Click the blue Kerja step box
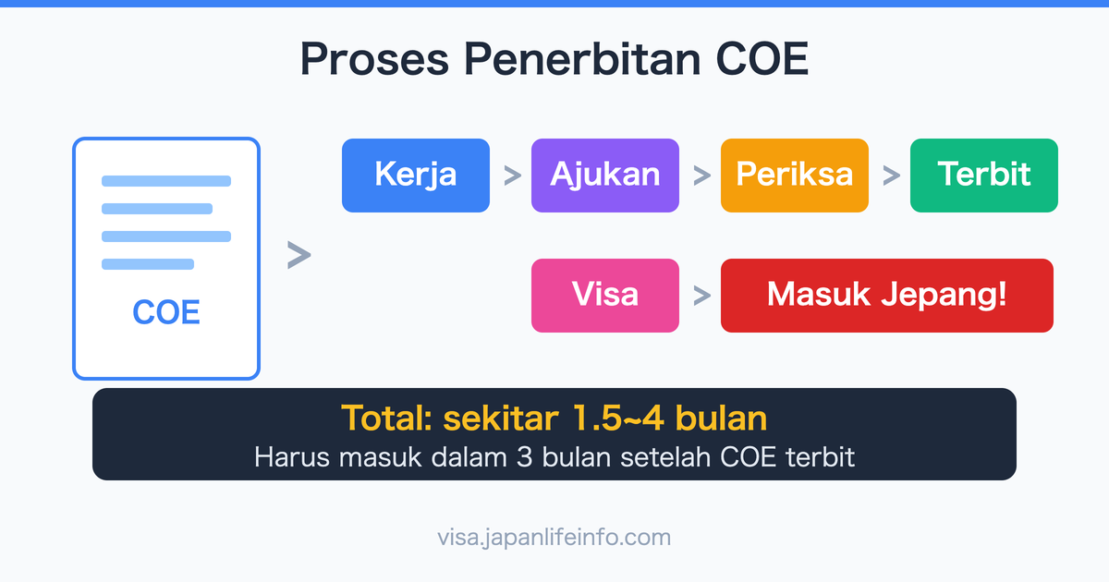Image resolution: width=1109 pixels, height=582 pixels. [416, 176]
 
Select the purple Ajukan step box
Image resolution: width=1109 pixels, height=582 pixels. [605, 176]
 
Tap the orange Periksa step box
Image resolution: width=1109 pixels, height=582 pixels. [795, 176]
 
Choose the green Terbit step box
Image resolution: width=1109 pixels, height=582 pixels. [984, 176]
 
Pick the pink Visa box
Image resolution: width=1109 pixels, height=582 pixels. [605, 296]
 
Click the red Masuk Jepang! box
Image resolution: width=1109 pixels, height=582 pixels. [887, 296]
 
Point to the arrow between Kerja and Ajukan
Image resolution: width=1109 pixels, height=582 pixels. [511, 176]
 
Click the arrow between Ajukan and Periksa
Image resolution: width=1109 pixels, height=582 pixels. [701, 176]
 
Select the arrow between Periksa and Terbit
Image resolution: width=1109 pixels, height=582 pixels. [890, 176]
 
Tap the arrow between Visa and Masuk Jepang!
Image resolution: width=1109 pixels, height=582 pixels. [701, 296]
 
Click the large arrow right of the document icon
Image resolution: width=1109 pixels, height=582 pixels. [299, 256]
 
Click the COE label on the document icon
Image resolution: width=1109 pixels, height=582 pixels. [166, 312]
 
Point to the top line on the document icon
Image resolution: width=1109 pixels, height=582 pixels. [166, 181]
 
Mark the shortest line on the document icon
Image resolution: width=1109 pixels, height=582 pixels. [148, 264]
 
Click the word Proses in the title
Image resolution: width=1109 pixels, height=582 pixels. [373, 59]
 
